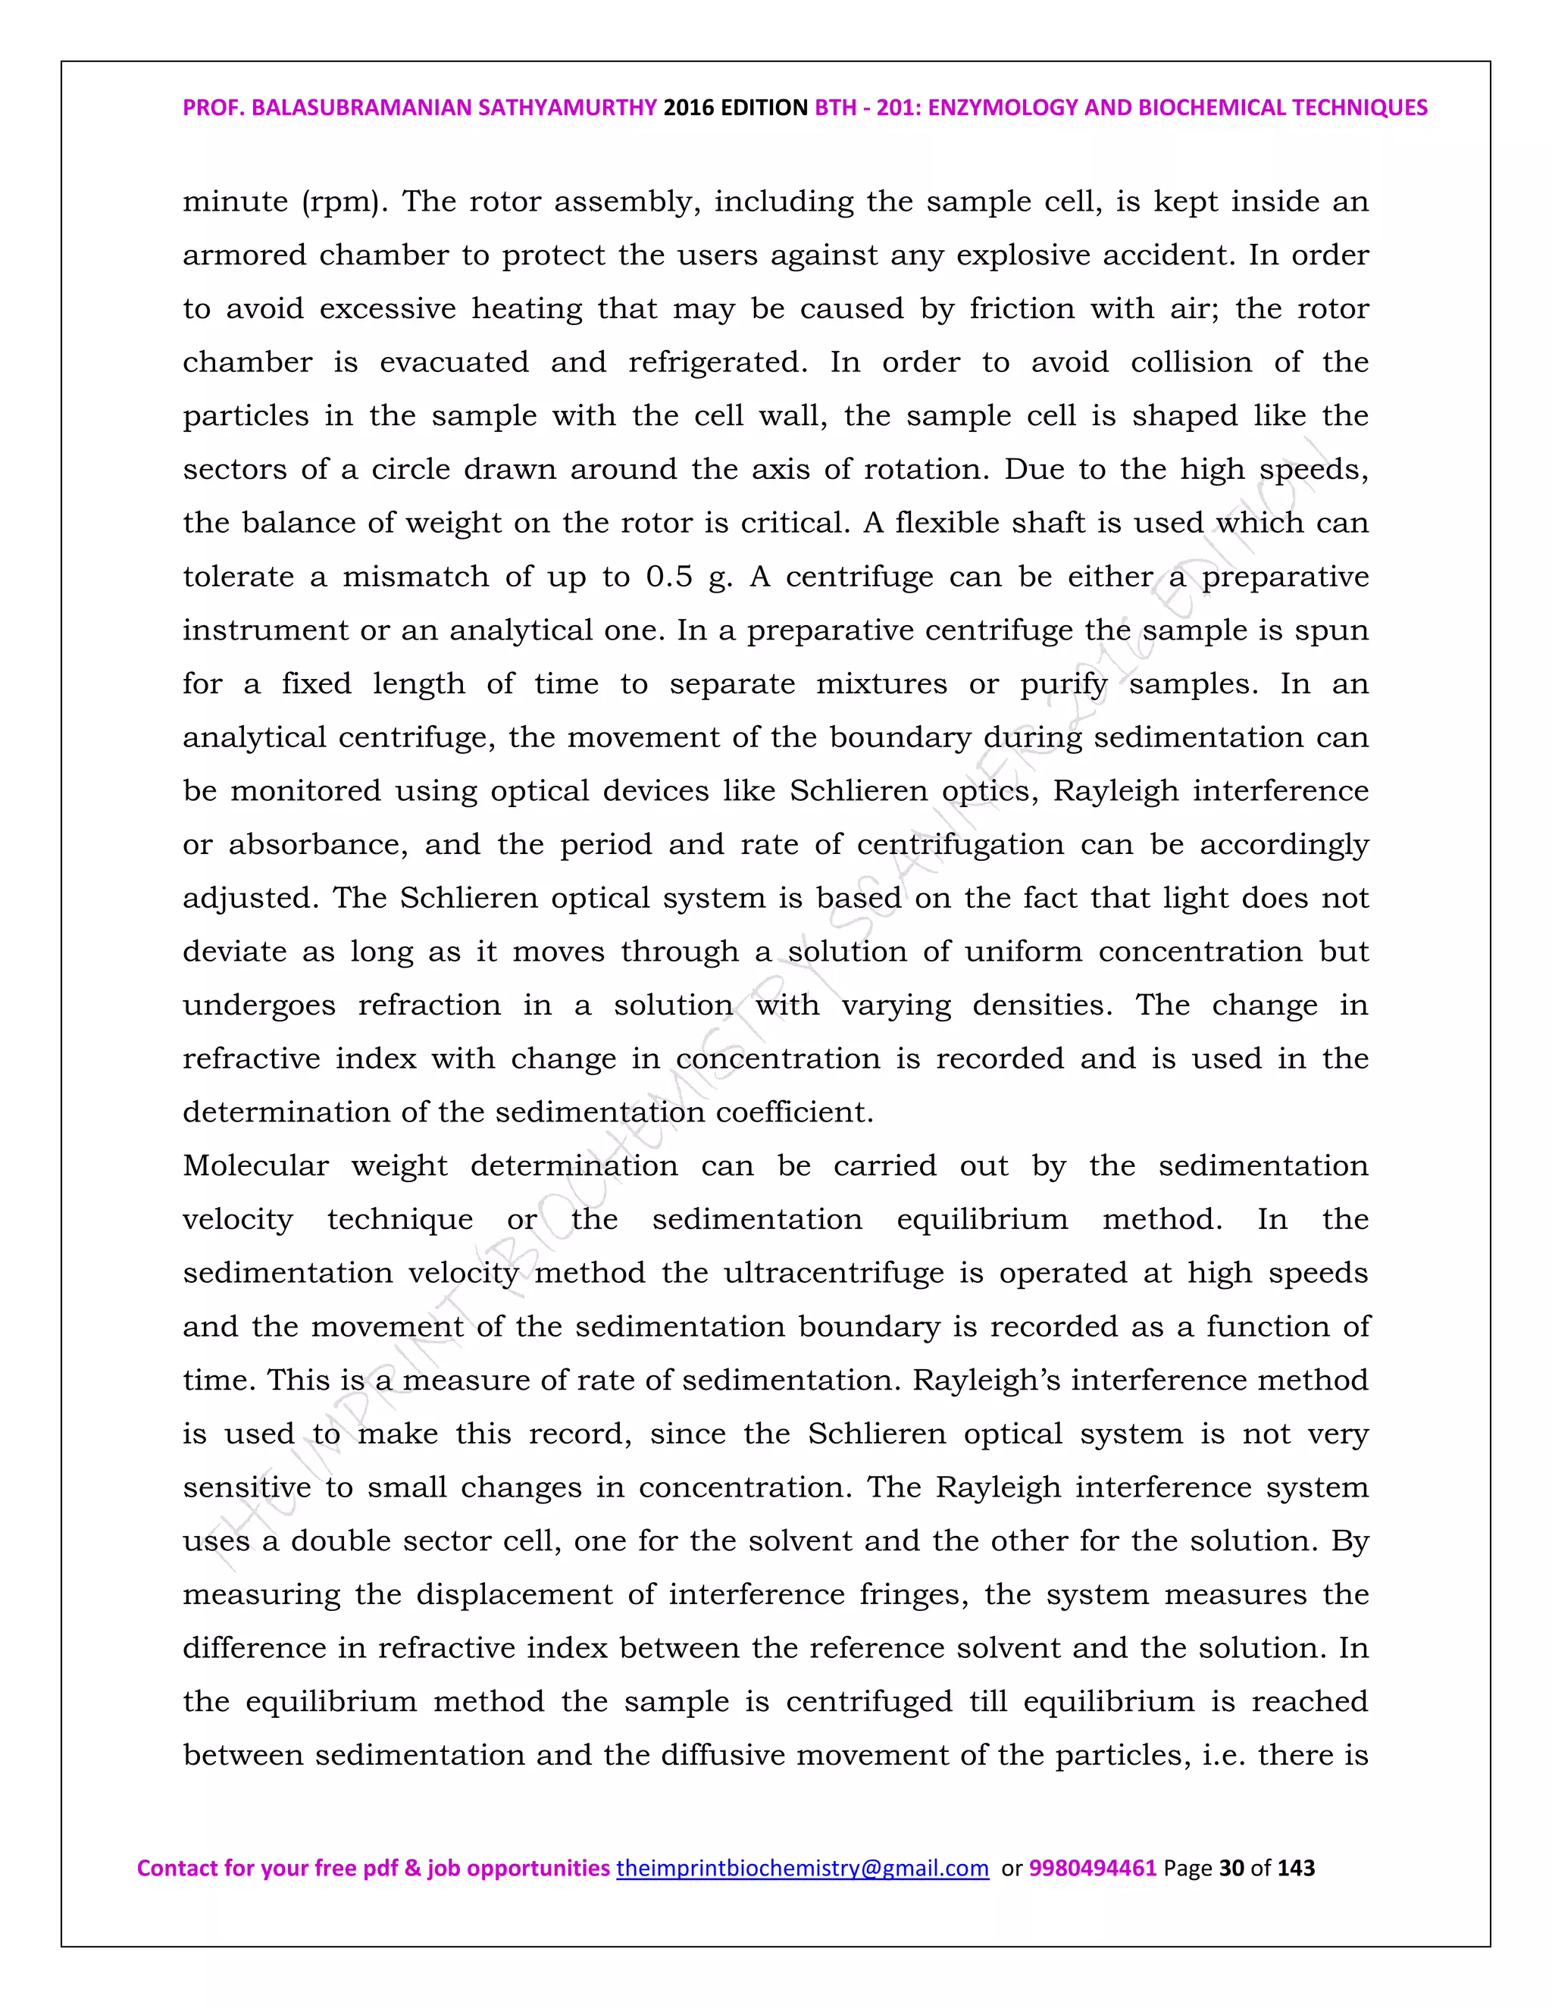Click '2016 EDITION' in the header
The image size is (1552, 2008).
[736, 108]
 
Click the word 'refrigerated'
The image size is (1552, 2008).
[717, 362]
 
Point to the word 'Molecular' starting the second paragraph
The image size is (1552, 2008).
[255, 1166]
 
